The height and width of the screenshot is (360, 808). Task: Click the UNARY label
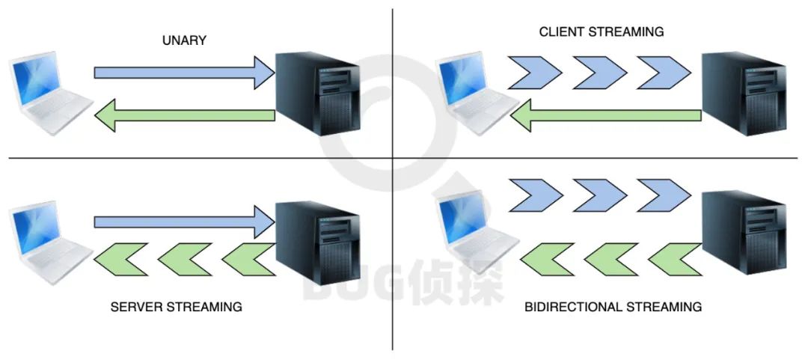pyautogui.click(x=184, y=40)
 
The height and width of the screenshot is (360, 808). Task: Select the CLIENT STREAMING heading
pyautogui.click(x=602, y=32)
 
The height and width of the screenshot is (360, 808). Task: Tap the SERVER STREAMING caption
pyautogui.click(x=177, y=307)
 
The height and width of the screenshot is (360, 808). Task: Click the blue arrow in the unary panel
pyautogui.click(x=184, y=73)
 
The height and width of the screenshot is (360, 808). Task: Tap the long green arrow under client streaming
pyautogui.click(x=606, y=115)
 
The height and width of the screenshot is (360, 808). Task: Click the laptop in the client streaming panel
pyautogui.click(x=474, y=94)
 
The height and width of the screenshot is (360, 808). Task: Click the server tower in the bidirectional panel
pyautogui.click(x=745, y=232)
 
